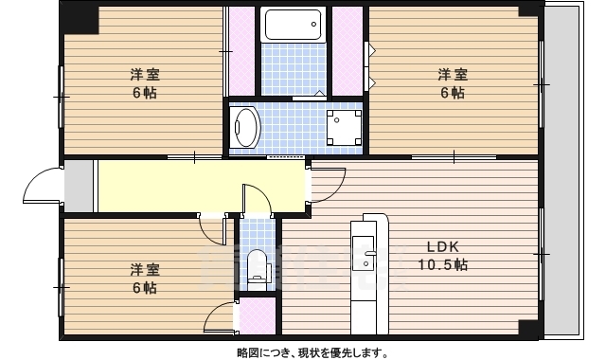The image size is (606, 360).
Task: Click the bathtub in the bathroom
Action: tap(293, 26)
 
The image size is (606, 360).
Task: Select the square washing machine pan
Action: tap(342, 127)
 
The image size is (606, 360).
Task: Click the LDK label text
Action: tap(441, 246)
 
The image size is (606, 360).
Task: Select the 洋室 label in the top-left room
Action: tap(145, 74)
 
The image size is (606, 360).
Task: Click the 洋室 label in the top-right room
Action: tap(452, 74)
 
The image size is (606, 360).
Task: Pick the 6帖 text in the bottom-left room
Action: tap(145, 288)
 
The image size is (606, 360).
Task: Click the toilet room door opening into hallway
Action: tap(258, 199)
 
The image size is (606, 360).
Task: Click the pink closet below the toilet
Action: tap(256, 315)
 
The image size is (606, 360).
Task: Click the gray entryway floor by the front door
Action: tap(80, 186)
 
